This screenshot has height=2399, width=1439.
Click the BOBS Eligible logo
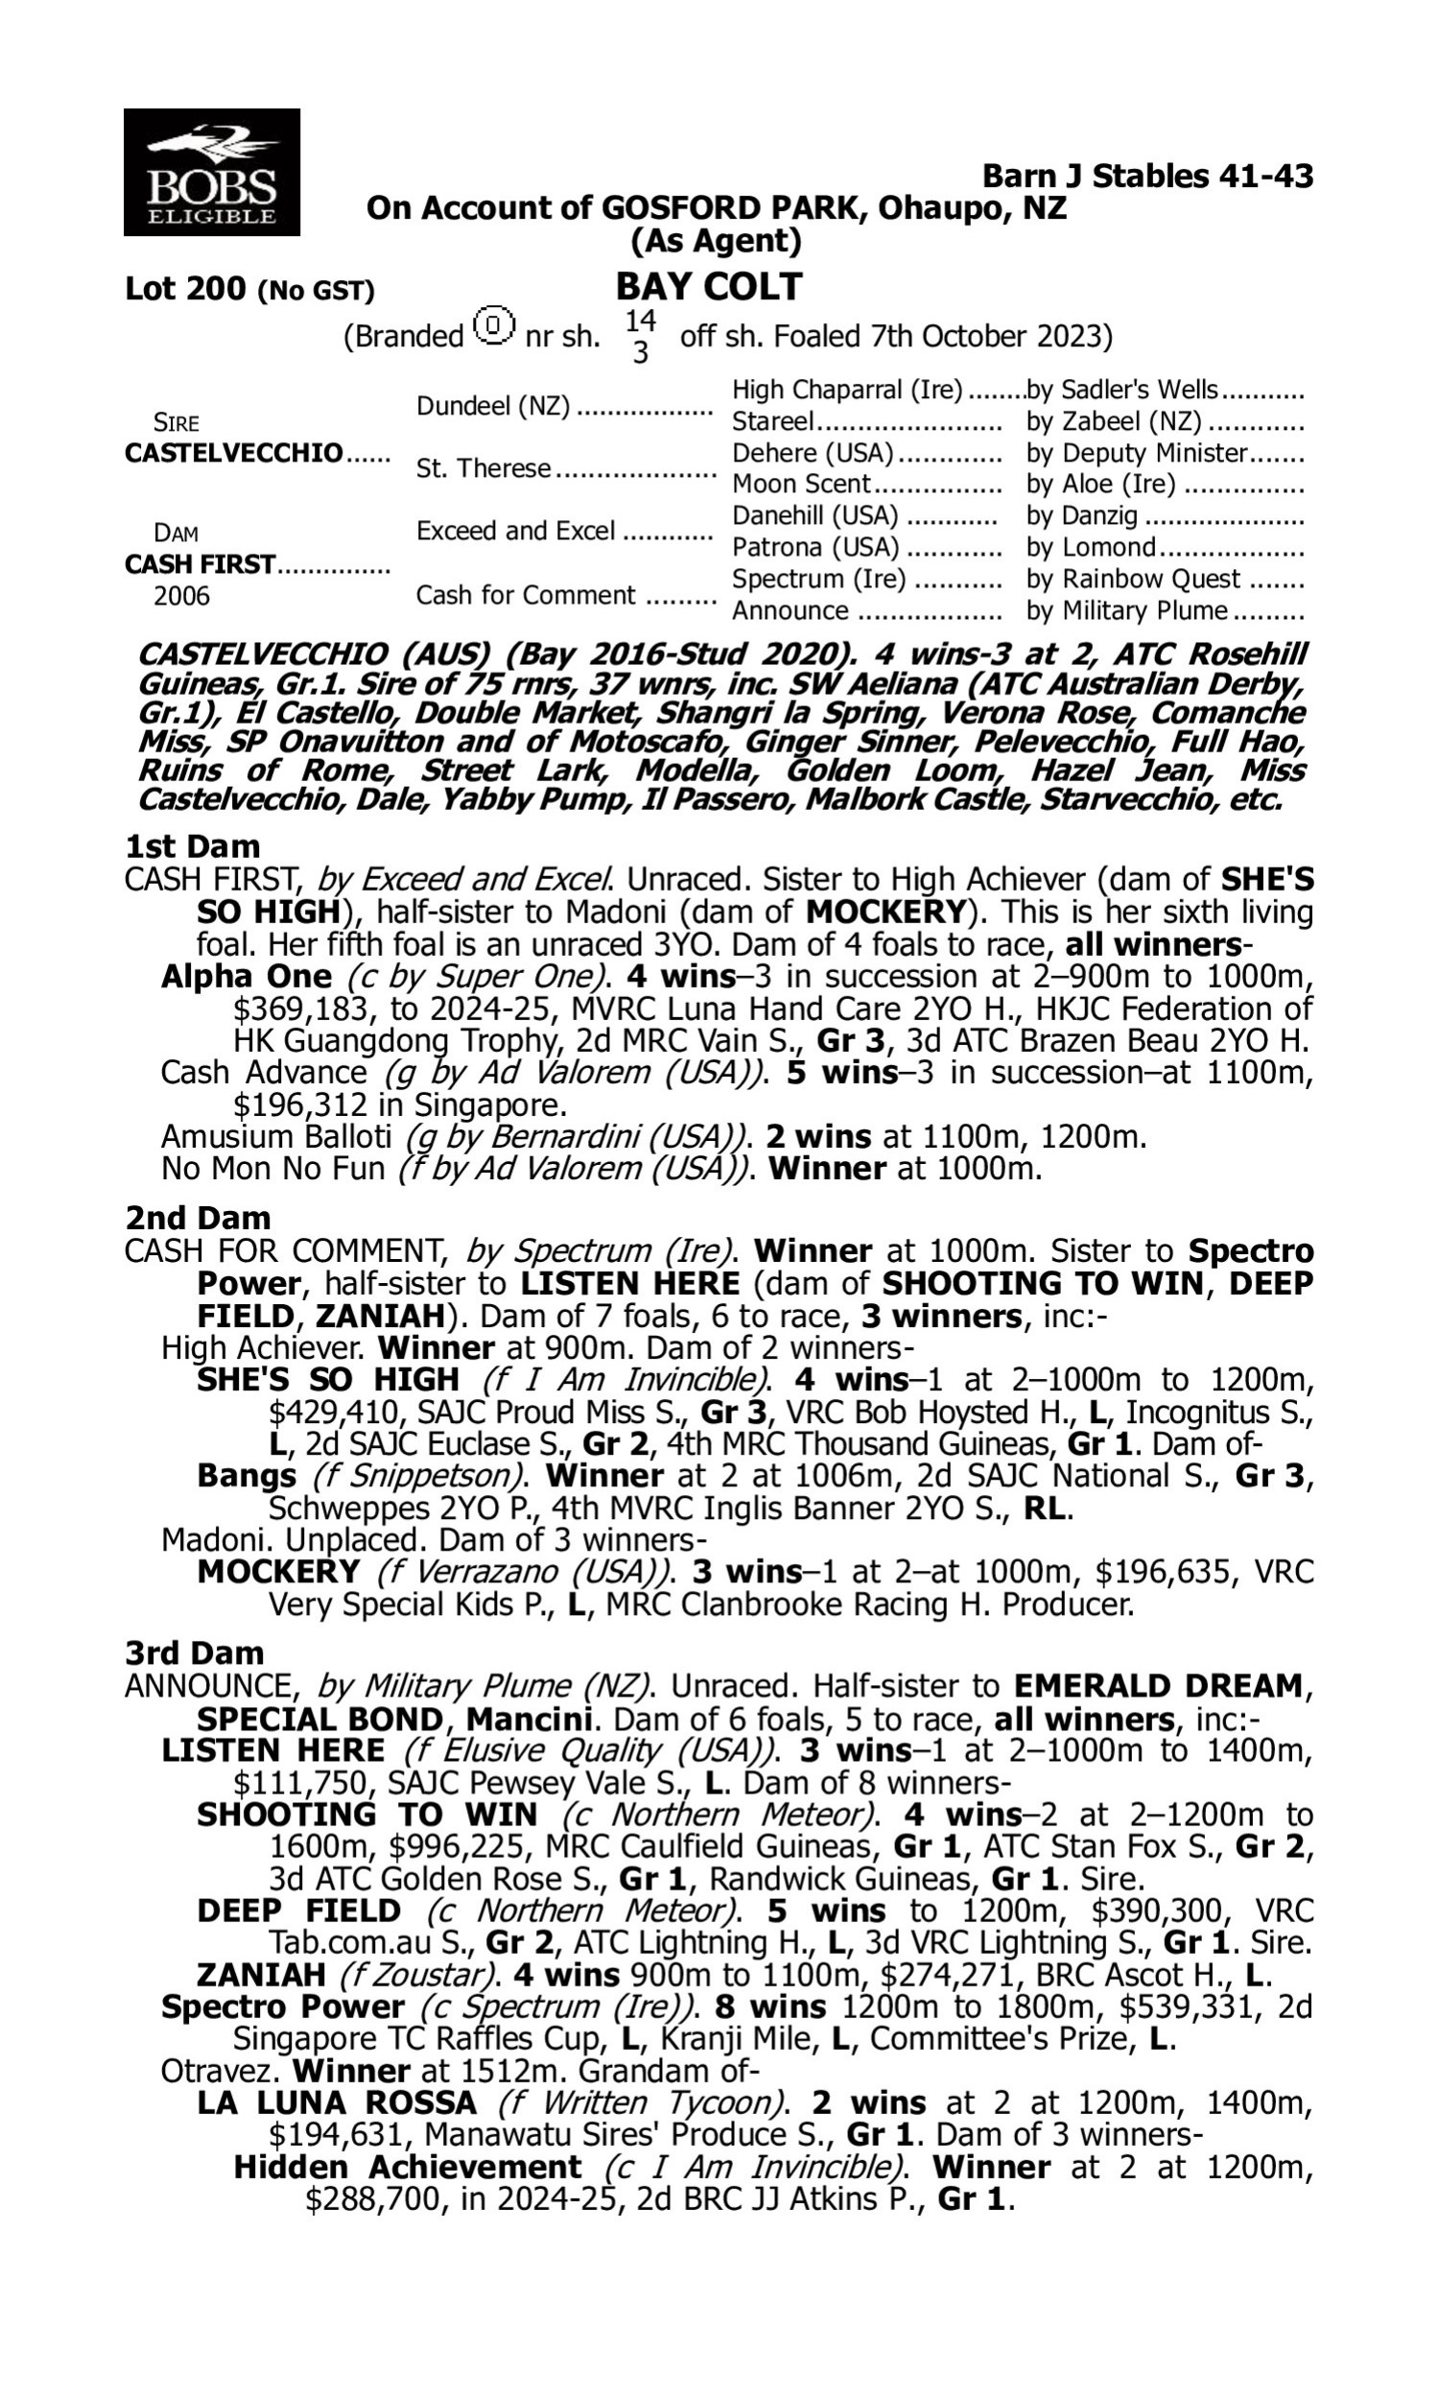tap(211, 172)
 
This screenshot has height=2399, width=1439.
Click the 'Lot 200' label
tap(184, 289)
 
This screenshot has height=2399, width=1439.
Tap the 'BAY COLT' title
tap(709, 287)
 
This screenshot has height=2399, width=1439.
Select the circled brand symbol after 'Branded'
tap(494, 326)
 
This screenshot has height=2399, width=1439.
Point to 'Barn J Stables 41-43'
tap(1147, 176)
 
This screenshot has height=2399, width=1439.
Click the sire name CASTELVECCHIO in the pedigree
tap(234, 453)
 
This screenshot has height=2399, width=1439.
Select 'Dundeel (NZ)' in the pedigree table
tap(492, 405)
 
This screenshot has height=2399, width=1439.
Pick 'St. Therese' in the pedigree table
tap(483, 468)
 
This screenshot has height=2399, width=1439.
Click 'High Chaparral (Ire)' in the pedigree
tap(846, 390)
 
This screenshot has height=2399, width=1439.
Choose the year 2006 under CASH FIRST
tap(181, 595)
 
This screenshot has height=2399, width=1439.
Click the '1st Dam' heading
tap(192, 846)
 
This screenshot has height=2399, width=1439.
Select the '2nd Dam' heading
tap(197, 1218)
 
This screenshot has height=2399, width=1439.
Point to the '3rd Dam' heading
tap(194, 1652)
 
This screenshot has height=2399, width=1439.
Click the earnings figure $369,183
tap(301, 1009)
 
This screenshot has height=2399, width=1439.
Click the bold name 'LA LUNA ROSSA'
tap(337, 2103)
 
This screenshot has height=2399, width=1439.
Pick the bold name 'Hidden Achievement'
tap(408, 2167)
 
